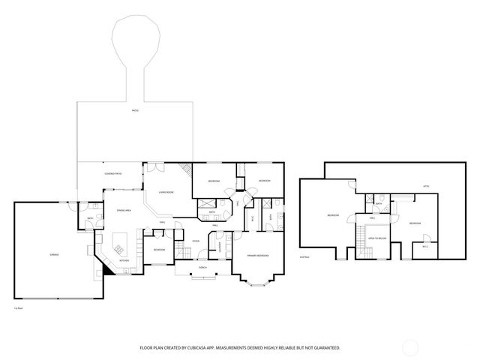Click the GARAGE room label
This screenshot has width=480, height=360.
54,255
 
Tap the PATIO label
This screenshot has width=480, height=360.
135,110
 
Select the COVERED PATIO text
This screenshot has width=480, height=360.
113,174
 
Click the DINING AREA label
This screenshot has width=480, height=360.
124,211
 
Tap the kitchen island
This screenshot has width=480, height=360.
120,244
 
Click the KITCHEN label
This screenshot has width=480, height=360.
124,260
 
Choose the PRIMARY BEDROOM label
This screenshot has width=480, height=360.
257,256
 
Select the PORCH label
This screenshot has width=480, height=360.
202,268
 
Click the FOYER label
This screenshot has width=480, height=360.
195,241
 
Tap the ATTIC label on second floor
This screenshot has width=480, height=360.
426,186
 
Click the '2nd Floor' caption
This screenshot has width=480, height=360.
304,257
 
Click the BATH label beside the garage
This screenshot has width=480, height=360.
90,219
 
